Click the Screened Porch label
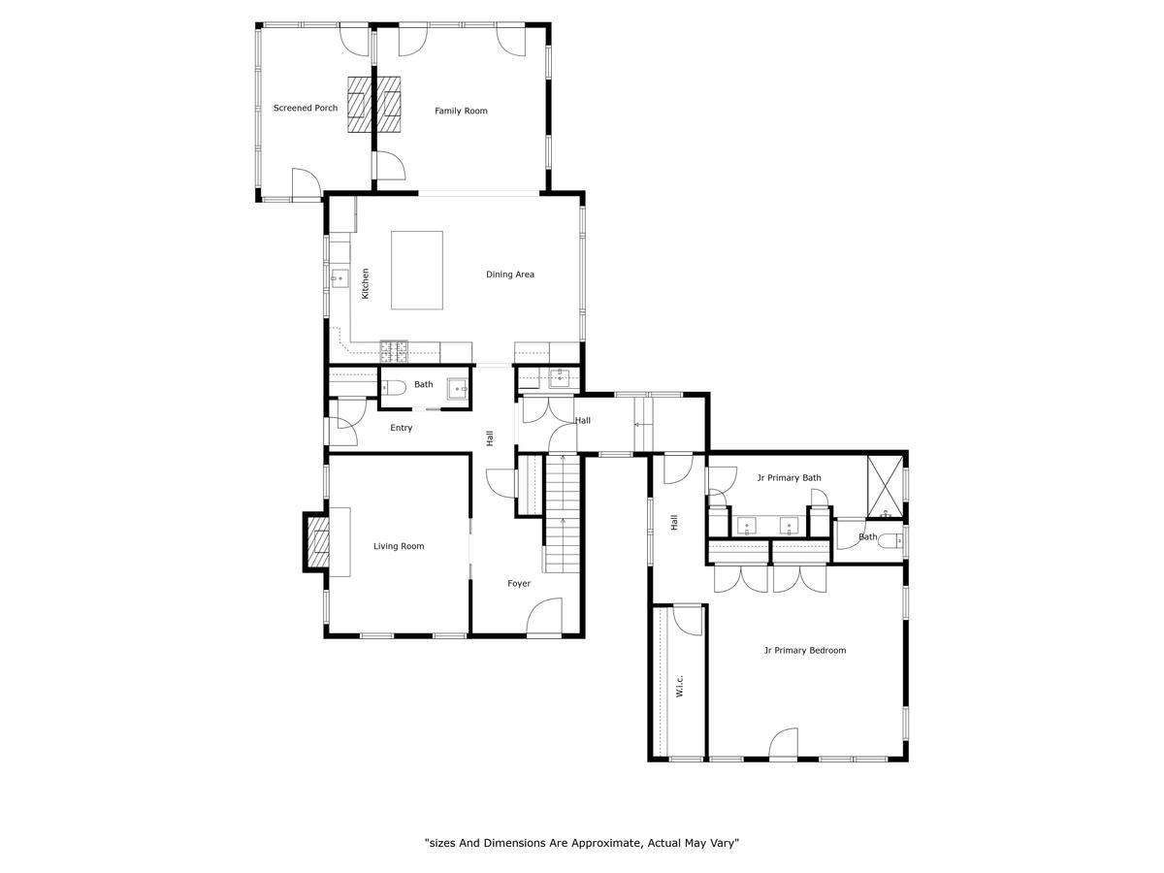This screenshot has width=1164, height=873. click(x=305, y=108)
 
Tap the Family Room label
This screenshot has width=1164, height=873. click(x=461, y=111)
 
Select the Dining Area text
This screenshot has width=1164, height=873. click(x=509, y=275)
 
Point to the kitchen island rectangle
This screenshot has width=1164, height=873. click(x=417, y=270)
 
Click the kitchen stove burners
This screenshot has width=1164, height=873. click(x=394, y=351)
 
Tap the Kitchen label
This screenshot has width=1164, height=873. click(x=365, y=283)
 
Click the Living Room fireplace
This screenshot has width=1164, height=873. click(x=316, y=541)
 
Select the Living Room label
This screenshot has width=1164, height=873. click(x=399, y=546)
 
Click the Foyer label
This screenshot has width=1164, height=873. click(x=519, y=583)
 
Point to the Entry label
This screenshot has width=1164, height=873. click(x=401, y=428)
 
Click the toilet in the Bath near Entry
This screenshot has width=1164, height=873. click(x=393, y=388)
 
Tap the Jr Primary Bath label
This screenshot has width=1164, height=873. click(x=789, y=477)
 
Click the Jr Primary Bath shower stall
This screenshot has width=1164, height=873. click(x=885, y=486)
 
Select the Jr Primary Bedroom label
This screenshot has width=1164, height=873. click(x=804, y=650)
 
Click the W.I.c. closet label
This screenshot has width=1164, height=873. click(x=680, y=686)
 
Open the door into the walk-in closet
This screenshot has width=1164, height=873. click(x=688, y=621)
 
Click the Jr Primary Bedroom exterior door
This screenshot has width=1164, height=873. click(x=783, y=744)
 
